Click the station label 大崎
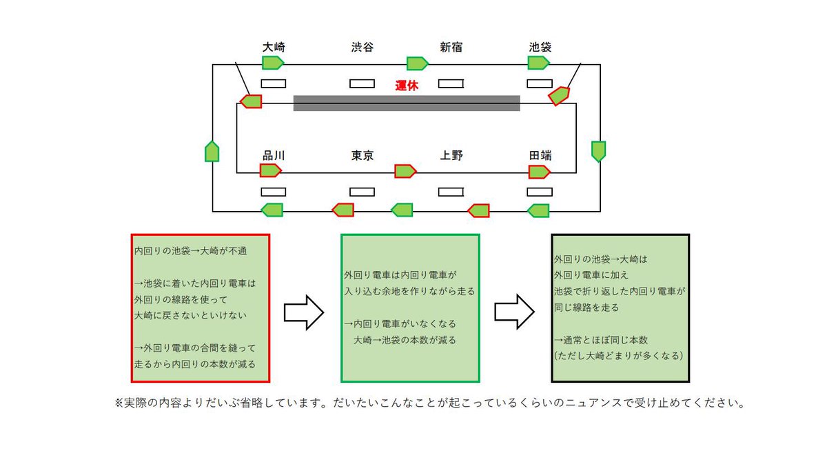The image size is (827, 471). [x=274, y=48]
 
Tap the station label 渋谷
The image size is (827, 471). [x=362, y=48]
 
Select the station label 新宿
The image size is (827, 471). [x=451, y=48]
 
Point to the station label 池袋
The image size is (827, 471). [x=540, y=48]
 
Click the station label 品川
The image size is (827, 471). [x=274, y=155]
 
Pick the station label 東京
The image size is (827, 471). [x=362, y=155]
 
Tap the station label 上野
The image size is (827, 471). [x=451, y=155]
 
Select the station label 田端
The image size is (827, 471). [x=540, y=155]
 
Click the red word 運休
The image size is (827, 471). [x=407, y=86]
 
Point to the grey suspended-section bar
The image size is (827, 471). [x=407, y=103]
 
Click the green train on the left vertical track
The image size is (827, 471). [x=212, y=151]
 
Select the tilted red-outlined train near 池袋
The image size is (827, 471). [x=559, y=95]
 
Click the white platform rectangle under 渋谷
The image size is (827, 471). [x=362, y=83]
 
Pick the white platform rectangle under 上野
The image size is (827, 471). [x=451, y=191]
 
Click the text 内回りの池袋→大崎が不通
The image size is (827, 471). [x=190, y=252]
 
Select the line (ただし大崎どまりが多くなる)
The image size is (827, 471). [x=618, y=357]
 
